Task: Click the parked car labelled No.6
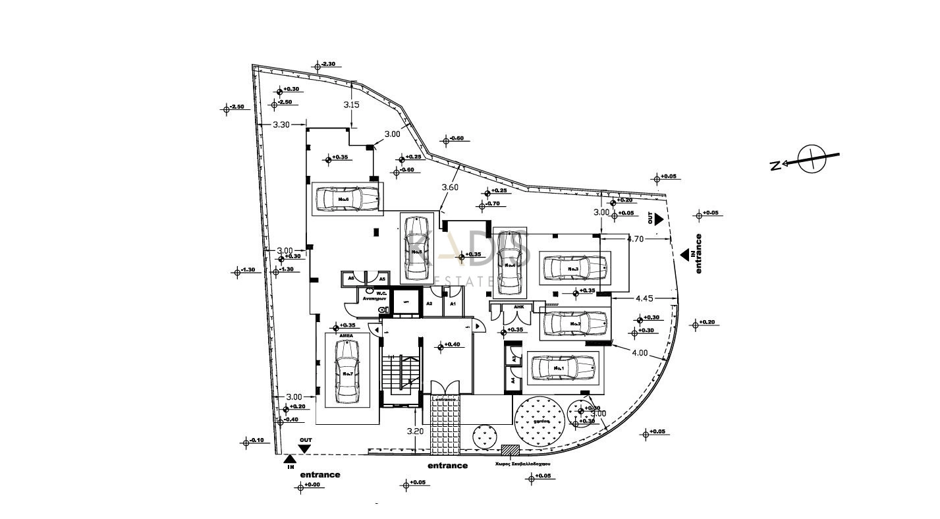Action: [x=347, y=198]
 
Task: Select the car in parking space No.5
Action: [x=417, y=247]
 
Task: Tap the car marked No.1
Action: [x=563, y=368]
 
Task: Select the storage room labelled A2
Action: [x=429, y=304]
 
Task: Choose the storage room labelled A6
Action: [x=351, y=279]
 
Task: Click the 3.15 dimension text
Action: [x=352, y=105]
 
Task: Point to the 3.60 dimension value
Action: [x=450, y=187]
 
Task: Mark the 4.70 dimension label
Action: [x=635, y=239]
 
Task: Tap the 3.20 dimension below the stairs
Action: [x=415, y=431]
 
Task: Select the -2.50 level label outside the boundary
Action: [x=236, y=107]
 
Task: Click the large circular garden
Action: [x=542, y=421]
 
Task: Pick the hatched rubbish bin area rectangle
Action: [x=511, y=450]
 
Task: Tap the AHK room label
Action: [x=518, y=306]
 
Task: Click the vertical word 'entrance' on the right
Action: [x=699, y=254]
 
